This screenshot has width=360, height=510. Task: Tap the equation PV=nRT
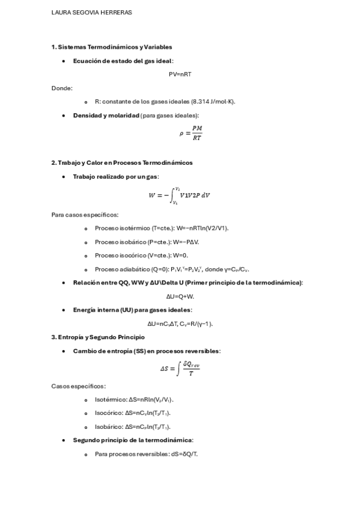pyautogui.click(x=180, y=75)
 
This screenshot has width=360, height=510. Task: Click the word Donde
pyautogui.click(x=61, y=88)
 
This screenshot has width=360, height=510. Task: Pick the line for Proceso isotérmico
pyautogui.click(x=162, y=229)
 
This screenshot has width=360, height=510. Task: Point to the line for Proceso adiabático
pyautogui.click(x=171, y=269)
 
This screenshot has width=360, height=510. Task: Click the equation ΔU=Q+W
pyautogui.click(x=180, y=296)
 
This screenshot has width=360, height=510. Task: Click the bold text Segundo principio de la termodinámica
pyautogui.click(x=132, y=440)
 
